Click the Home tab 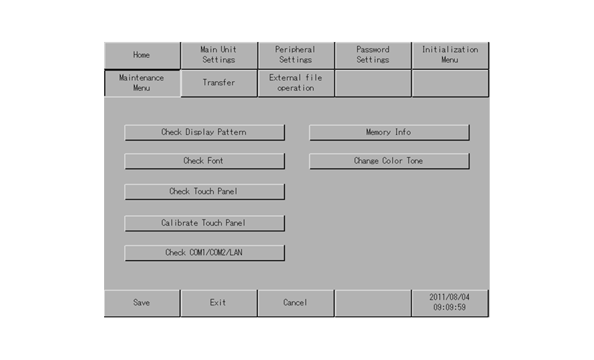[142, 55]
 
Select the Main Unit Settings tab [219, 55]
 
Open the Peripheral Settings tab [296, 55]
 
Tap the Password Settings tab [372, 55]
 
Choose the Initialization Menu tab [450, 55]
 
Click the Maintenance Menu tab [142, 83]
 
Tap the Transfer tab [219, 83]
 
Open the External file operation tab [296, 83]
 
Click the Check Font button [204, 161]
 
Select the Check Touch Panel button [204, 192]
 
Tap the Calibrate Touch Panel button [204, 223]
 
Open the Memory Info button [389, 133]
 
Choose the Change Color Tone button [389, 161]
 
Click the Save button [142, 303]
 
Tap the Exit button [219, 303]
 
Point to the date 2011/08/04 [449, 298]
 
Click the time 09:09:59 [449, 308]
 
